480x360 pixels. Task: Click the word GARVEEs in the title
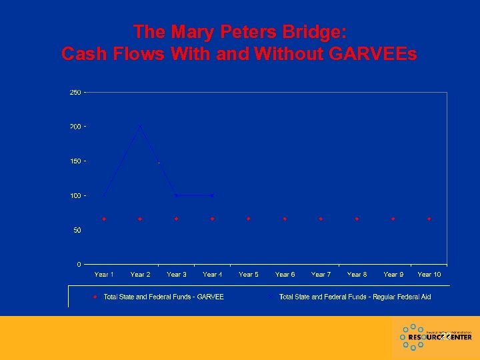373,54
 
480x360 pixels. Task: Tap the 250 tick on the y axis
75,93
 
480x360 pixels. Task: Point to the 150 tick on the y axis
75,161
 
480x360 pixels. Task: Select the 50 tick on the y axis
77,230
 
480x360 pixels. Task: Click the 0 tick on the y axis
79,265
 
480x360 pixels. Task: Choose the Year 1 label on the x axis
104,275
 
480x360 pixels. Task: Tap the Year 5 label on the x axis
249,275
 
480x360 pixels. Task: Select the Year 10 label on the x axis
429,275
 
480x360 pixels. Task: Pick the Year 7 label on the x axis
321,275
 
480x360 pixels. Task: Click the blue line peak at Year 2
140,125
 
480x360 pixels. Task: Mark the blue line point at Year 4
212,195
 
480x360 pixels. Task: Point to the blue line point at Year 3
176,195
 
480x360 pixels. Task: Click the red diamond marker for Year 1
104,219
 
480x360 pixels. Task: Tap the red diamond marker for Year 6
285,219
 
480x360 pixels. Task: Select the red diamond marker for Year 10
429,219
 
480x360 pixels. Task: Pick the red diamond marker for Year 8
357,219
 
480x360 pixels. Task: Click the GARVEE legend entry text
163,297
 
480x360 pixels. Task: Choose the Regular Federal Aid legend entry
355,297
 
